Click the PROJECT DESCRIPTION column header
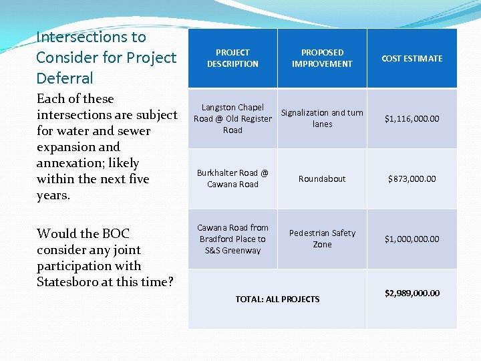(x=232, y=58)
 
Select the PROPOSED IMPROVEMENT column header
(x=322, y=58)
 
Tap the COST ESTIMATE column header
(x=412, y=59)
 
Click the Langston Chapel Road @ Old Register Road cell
(x=232, y=119)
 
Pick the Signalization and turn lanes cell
(x=322, y=118)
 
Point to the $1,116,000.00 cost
(x=412, y=119)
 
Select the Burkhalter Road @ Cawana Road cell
(x=232, y=178)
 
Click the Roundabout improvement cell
(x=322, y=179)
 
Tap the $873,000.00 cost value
(x=412, y=179)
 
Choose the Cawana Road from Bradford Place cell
(x=232, y=239)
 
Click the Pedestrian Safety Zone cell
(x=322, y=239)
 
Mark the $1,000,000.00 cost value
(x=412, y=239)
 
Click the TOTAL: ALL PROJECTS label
(x=277, y=299)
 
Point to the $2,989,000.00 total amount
(x=412, y=293)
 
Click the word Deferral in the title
(x=65, y=78)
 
